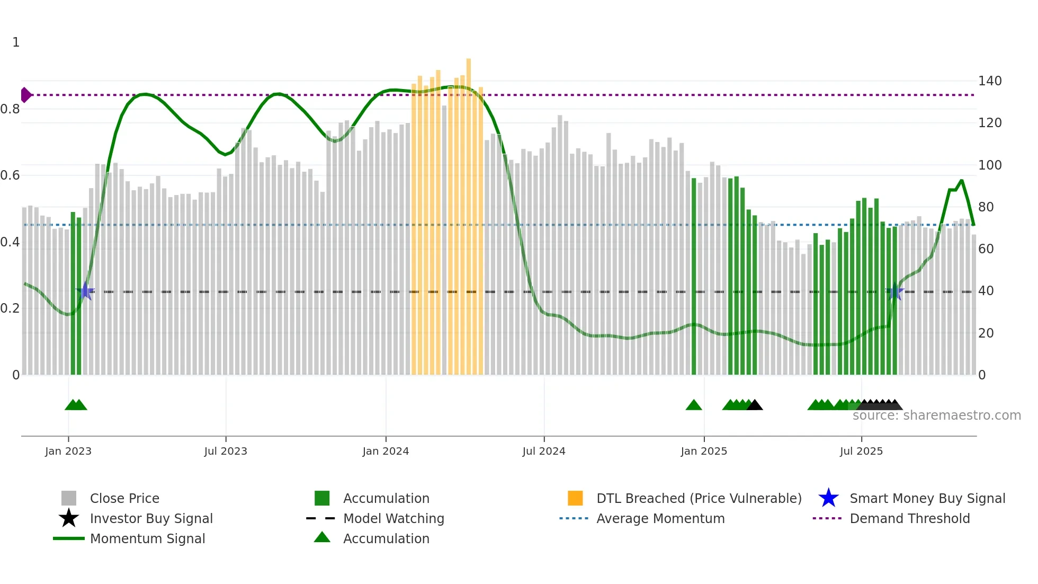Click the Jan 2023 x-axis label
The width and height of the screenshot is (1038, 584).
68,451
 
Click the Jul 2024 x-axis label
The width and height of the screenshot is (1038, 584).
544,451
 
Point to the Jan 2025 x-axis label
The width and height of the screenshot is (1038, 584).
704,451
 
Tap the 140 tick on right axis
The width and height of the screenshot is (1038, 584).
990,81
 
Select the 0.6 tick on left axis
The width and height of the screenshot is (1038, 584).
10,175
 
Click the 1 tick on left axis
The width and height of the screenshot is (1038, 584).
16,42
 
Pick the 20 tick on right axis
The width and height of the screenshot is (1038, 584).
986,333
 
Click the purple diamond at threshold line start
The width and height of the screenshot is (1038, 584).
25,95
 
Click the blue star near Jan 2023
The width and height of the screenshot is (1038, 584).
85,291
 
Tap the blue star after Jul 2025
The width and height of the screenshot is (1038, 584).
895,291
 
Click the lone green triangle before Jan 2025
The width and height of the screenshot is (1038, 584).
694,405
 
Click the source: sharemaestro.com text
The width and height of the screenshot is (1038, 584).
936,415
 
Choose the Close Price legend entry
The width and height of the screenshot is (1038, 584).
124,498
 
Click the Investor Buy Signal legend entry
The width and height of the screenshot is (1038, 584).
151,518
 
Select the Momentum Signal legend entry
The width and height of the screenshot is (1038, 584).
147,538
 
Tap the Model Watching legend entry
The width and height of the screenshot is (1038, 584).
393,518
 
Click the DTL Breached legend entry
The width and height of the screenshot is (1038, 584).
699,498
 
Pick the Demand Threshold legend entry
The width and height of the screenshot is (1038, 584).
909,518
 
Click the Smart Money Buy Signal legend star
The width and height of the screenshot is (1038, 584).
828,498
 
